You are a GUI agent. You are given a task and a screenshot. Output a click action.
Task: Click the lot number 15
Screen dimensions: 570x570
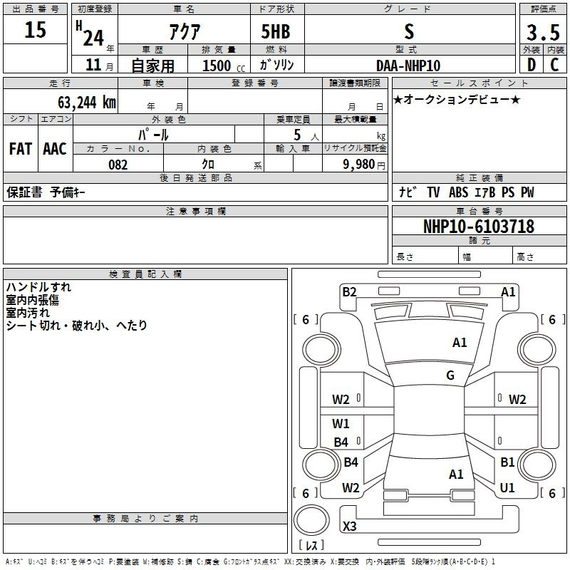(x=36, y=30)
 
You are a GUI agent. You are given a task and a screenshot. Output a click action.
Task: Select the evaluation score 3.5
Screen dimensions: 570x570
(x=543, y=33)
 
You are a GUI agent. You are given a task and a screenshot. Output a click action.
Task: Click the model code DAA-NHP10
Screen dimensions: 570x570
(x=408, y=66)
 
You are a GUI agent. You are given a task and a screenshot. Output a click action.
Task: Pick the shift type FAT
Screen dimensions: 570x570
(x=21, y=148)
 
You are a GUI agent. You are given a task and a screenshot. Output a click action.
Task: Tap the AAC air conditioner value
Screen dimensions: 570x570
(x=55, y=148)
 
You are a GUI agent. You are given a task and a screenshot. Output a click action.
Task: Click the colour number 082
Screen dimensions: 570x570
(x=118, y=165)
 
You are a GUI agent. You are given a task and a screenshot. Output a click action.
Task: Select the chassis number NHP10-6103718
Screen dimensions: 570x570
(x=478, y=227)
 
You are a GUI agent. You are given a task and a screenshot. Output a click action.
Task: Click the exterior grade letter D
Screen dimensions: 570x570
(x=532, y=65)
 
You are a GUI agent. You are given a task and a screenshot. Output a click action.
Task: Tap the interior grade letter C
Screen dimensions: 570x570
(x=555, y=65)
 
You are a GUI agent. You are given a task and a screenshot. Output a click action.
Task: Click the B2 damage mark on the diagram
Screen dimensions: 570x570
(x=349, y=291)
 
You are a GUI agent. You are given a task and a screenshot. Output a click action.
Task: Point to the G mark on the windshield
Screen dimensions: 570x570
(x=450, y=375)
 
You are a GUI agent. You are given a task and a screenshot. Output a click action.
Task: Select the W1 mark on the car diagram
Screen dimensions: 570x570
(x=341, y=424)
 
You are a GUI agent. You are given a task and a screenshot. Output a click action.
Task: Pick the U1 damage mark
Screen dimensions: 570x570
(x=507, y=488)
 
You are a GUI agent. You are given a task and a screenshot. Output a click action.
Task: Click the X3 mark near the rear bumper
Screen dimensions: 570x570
(x=349, y=527)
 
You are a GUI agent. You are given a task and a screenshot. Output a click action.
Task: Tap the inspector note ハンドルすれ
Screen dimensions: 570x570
(x=38, y=288)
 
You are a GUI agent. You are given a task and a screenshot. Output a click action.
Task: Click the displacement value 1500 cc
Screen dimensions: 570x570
(x=220, y=66)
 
